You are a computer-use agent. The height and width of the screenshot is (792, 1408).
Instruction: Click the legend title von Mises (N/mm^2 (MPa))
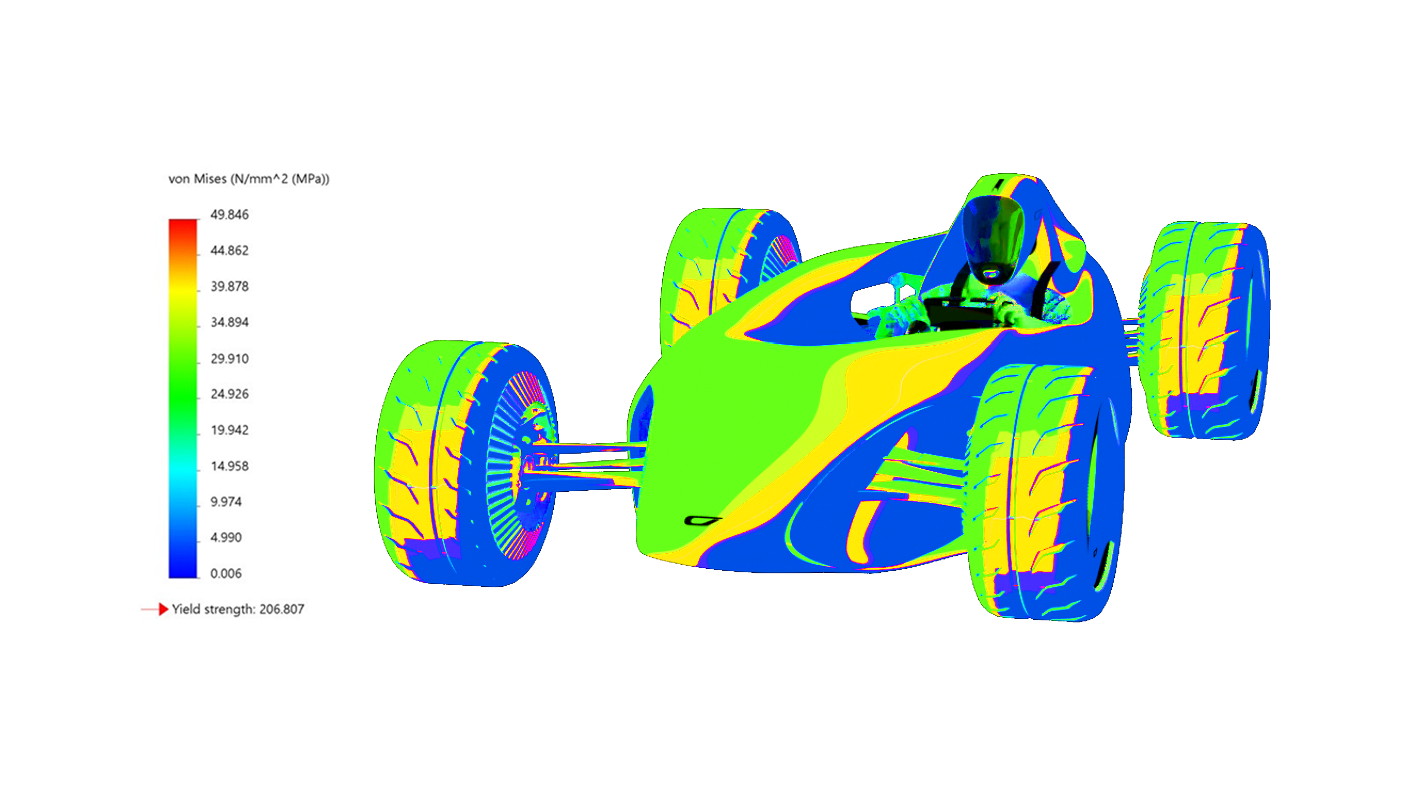pos(249,179)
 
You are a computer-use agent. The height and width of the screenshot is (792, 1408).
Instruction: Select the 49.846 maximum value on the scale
pos(230,214)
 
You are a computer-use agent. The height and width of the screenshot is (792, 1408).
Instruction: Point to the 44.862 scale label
pos(230,250)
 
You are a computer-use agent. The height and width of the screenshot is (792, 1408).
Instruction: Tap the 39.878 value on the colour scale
pos(230,286)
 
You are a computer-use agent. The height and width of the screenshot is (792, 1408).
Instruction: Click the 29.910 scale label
pos(230,359)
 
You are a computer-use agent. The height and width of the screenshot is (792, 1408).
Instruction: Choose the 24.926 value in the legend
pos(230,394)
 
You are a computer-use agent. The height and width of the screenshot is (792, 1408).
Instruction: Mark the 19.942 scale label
pos(230,430)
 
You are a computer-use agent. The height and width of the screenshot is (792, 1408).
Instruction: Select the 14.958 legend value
pos(230,466)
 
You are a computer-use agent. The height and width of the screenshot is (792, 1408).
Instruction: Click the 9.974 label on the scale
pos(226,502)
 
